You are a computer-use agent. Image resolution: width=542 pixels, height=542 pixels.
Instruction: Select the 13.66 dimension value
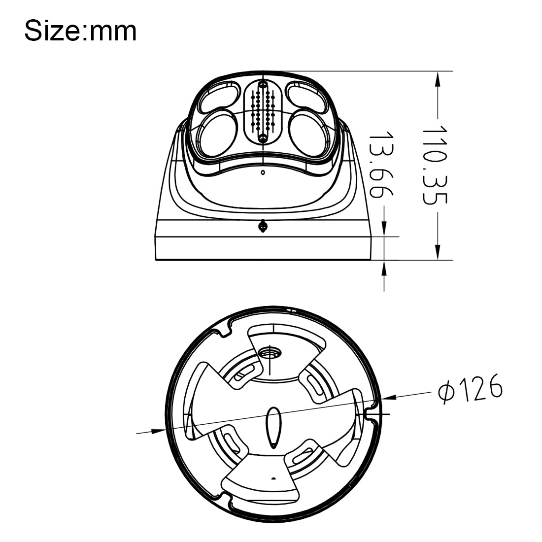[382, 165]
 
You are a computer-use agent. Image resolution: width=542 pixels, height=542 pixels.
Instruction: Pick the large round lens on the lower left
[215, 134]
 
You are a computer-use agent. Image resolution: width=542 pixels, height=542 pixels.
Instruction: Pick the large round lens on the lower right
[310, 134]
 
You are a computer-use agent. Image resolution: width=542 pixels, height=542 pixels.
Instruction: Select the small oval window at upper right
[306, 96]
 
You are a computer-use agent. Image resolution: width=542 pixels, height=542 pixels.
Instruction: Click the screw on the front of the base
[263, 227]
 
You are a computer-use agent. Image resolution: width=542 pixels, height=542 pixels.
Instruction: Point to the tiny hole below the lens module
[263, 172]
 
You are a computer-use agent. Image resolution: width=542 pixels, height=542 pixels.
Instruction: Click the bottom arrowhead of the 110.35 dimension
[438, 253]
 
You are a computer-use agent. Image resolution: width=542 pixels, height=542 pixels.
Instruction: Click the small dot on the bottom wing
[272, 478]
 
